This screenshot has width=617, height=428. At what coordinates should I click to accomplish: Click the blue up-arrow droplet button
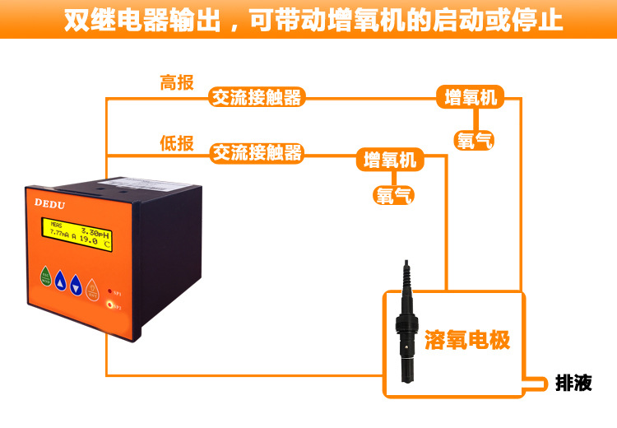pos(61,283)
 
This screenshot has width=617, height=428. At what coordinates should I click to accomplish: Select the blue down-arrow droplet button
pos(77,285)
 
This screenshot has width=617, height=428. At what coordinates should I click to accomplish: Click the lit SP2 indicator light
pos(111,304)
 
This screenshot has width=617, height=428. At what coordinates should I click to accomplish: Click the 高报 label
pos(177,82)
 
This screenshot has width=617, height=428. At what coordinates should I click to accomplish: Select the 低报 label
pos(177,143)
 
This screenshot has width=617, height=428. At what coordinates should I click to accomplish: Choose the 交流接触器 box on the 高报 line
pos(257,98)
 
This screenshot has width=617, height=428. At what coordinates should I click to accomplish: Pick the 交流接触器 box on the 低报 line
pos(257,152)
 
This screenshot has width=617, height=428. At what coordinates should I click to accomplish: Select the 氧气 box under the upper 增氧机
pos(475,141)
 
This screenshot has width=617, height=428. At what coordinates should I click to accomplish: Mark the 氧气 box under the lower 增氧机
pos(394,195)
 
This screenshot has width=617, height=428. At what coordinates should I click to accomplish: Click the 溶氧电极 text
pos(467,339)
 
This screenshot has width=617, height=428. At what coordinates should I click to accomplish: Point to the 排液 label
pos(573,383)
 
